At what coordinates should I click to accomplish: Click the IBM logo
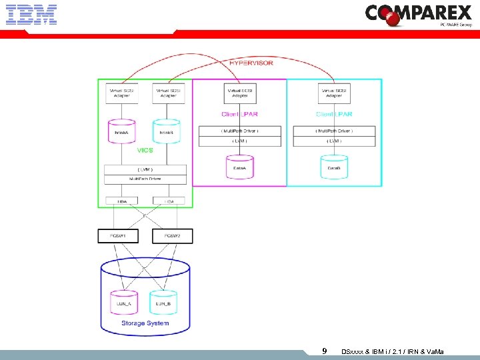31,14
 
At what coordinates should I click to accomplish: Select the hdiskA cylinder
121,130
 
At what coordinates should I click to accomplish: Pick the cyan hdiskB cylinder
166,130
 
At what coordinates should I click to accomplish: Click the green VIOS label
145,151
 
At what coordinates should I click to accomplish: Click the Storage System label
145,323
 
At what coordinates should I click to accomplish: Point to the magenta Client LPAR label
239,115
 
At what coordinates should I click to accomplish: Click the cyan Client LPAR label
333,115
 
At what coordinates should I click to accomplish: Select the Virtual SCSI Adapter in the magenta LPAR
239,93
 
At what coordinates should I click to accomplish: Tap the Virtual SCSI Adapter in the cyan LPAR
333,93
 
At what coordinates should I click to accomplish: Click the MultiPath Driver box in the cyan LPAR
333,131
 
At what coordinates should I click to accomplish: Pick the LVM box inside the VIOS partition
145,171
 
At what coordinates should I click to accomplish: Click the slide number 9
324,351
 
